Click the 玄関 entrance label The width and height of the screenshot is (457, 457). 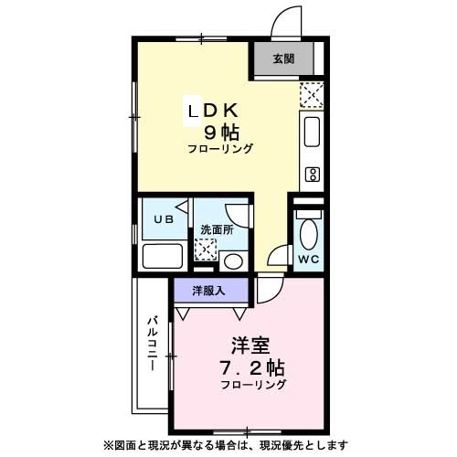pos(283,59)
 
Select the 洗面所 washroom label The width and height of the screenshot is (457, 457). pos(217,229)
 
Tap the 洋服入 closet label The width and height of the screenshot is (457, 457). pos(208,291)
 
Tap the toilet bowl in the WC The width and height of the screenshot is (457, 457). pos(308,233)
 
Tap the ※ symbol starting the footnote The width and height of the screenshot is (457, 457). pos(108,445)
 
